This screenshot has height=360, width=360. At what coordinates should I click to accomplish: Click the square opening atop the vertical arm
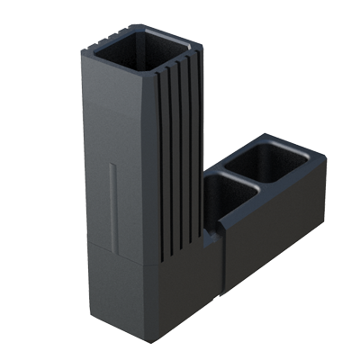pyautogui.click(x=143, y=50)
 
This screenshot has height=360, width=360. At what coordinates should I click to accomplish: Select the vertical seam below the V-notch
pyautogui.click(x=223, y=270)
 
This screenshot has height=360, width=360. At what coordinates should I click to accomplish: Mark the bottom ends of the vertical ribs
pyautogui.click(x=180, y=252)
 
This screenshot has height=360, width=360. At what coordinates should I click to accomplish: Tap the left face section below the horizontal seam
pyautogui.click(x=120, y=288)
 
